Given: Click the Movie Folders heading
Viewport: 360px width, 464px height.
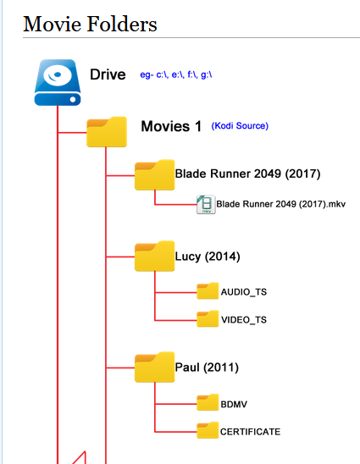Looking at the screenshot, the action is [90, 24].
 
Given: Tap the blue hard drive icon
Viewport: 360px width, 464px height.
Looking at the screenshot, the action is [58, 82].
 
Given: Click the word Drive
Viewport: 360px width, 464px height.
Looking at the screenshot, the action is [108, 75].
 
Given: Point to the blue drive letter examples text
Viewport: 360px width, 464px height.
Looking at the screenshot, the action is [176, 75].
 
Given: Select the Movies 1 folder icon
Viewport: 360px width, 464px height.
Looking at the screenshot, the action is [107, 132].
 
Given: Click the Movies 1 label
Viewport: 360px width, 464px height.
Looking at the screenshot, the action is [171, 126].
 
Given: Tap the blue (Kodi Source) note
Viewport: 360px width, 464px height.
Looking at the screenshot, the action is [240, 126].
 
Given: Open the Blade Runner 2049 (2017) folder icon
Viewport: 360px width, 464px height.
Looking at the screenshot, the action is [154, 175].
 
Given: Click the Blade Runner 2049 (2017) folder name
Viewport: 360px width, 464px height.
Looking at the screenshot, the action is [247, 174].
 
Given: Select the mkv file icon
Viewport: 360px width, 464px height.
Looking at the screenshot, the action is [206, 204].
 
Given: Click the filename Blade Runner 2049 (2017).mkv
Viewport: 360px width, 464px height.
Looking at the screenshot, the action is [280, 204].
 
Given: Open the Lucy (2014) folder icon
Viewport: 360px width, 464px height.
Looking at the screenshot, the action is [154, 256].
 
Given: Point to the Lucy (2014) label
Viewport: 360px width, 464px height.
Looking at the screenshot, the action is [208, 257].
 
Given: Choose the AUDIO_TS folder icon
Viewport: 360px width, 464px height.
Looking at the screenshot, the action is [208, 291].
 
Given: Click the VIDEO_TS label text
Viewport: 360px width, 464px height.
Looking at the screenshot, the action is [244, 320].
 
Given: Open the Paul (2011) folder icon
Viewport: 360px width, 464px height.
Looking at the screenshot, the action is [154, 367].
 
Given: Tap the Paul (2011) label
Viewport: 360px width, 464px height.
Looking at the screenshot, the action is [207, 367].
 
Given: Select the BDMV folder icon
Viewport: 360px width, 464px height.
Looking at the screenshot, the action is [208, 402].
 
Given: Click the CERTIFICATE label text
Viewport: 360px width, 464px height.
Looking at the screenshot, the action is [250, 432].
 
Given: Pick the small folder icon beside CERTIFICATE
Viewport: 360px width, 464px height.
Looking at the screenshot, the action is [208, 430].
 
